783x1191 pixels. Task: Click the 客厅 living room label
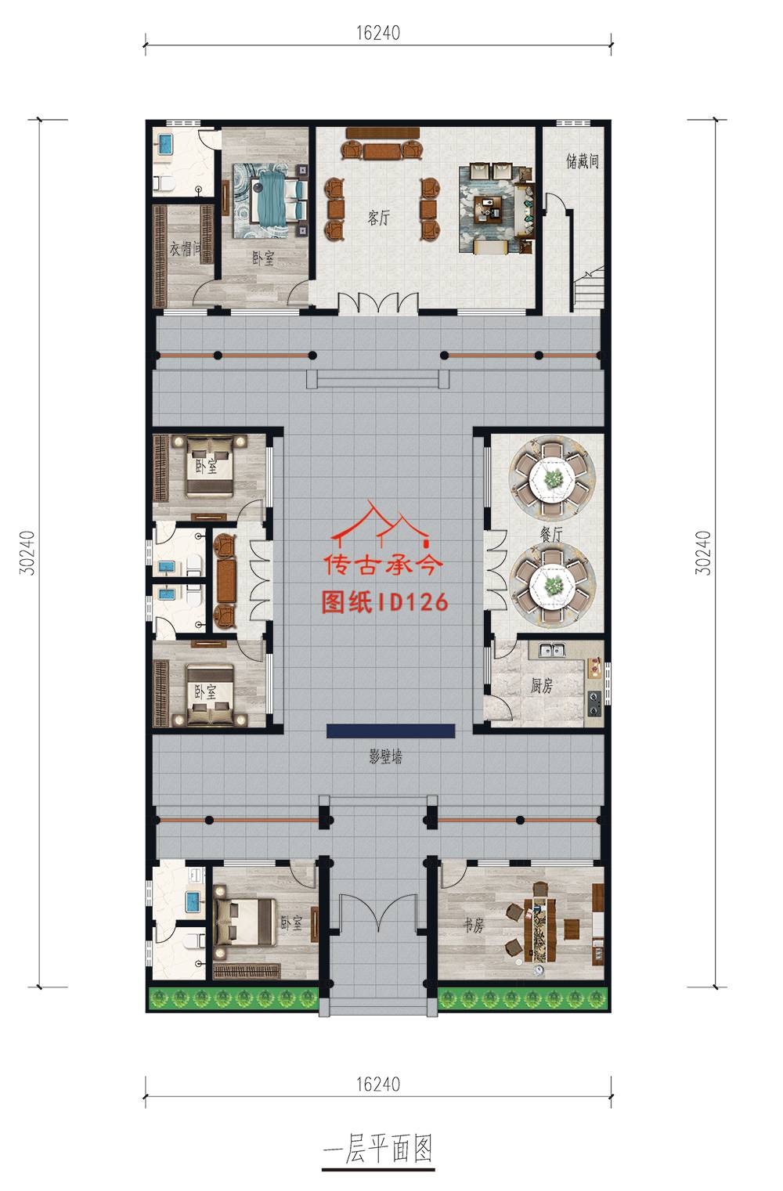[378, 218]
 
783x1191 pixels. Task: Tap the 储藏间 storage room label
[583, 161]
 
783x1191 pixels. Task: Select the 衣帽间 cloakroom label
[185, 248]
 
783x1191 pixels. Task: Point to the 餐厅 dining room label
[551, 534]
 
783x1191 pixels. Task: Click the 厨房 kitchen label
[542, 686]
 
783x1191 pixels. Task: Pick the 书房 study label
[473, 926]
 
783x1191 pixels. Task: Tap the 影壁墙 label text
[386, 756]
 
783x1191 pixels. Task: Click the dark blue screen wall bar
[391, 731]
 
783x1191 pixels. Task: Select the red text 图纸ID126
[385, 602]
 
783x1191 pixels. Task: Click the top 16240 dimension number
[378, 33]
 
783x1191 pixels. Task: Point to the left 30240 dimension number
[27, 553]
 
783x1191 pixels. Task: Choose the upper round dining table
[553, 479]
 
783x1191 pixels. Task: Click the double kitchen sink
[551, 650]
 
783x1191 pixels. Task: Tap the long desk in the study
[539, 930]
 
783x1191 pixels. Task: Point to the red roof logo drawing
[380, 525]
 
